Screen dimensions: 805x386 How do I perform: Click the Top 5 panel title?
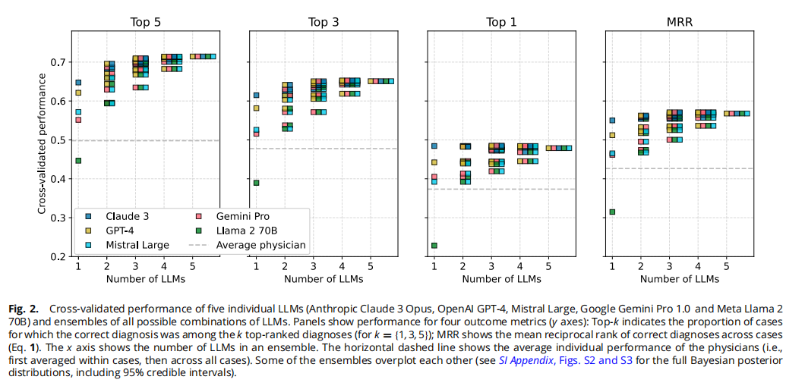145,23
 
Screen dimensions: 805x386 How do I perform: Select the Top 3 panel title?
324,23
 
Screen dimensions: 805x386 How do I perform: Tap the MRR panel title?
679,23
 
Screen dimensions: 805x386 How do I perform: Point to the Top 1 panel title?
501,23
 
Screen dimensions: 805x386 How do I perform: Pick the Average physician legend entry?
247,245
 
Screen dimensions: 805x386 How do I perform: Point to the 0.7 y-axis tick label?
60,62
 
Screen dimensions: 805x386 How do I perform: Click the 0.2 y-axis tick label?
60,257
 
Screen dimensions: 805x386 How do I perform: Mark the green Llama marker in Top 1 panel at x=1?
434,246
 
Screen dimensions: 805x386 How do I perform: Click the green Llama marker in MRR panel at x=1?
612,212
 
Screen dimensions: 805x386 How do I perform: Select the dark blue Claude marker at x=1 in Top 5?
78,83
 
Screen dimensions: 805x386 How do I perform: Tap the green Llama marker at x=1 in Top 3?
256,183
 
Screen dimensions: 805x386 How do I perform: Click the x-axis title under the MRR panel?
679,279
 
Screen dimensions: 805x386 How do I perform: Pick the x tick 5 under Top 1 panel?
548,267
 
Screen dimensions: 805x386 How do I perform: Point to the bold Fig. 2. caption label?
24,309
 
